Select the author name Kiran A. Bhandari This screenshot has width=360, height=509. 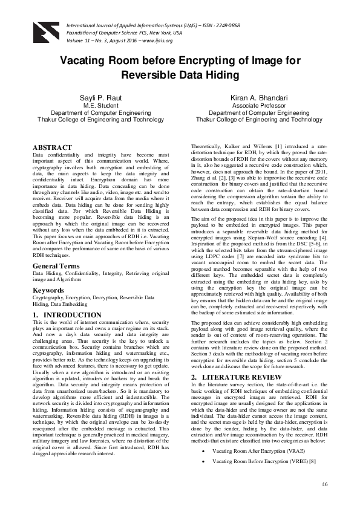(x=257, y=97)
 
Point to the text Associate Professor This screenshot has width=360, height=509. (x=257, y=105)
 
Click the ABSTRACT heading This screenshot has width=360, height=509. (x=53, y=147)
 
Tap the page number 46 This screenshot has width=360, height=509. (x=324, y=484)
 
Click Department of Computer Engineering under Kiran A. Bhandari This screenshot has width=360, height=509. (x=257, y=112)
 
